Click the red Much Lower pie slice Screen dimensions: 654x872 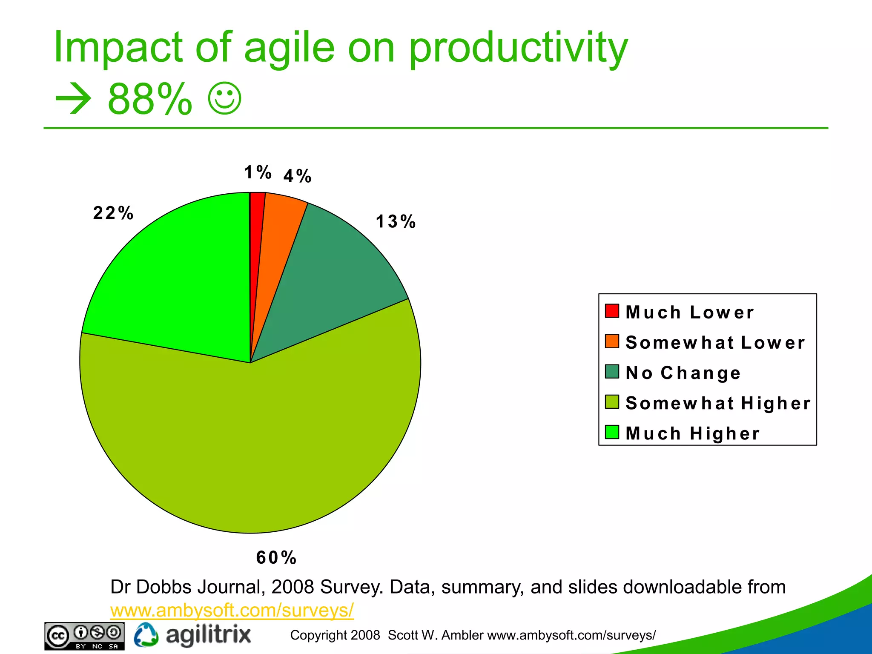[x=256, y=238]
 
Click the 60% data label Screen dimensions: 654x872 [x=276, y=558]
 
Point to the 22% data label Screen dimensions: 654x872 [x=113, y=213]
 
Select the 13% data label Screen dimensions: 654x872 [x=396, y=221]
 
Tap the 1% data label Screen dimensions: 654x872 [x=258, y=172]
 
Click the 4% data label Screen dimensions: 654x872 [x=297, y=176]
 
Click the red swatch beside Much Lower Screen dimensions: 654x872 [x=611, y=311]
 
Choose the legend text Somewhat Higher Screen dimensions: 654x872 [x=718, y=403]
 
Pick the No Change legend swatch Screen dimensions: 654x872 [x=611, y=371]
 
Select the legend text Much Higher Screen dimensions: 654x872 [x=692, y=433]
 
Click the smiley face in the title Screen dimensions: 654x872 [x=225, y=98]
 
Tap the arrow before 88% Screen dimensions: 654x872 [x=73, y=99]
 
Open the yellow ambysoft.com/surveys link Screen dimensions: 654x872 [x=232, y=610]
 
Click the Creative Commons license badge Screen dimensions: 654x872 [x=84, y=636]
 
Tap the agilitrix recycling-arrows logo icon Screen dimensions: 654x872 [x=146, y=635]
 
